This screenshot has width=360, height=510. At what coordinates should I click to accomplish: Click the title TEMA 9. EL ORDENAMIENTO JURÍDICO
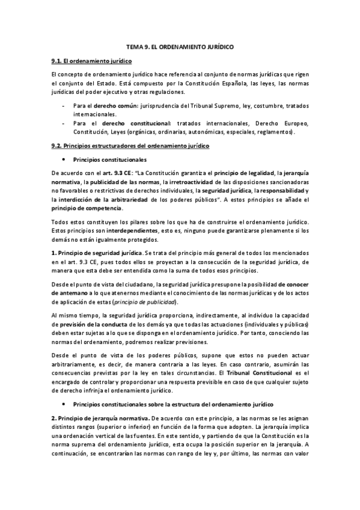180,46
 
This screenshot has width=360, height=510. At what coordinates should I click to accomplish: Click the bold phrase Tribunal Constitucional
255,373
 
